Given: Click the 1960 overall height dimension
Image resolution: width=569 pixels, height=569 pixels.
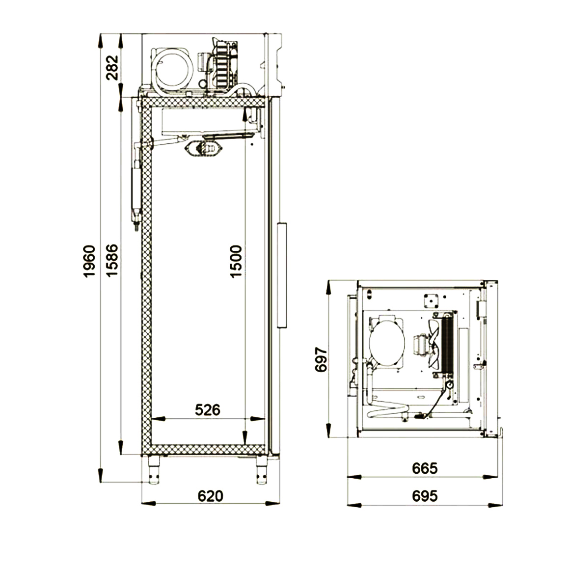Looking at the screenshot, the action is pyautogui.click(x=89, y=261).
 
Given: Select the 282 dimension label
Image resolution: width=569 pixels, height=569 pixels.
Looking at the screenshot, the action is pyautogui.click(x=112, y=67).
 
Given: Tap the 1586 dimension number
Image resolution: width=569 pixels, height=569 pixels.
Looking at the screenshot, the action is pyautogui.click(x=112, y=260).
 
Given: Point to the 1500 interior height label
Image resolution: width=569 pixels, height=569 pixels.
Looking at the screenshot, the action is pyautogui.click(x=236, y=261).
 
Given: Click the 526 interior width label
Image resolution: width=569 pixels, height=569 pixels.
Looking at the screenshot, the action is pyautogui.click(x=208, y=410).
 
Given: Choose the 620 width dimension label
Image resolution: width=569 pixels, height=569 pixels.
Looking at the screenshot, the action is pyautogui.click(x=211, y=496).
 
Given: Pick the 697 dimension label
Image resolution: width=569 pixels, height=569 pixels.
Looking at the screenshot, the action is pyautogui.click(x=321, y=360).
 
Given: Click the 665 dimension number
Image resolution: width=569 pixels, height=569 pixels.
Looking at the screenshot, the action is pyautogui.click(x=425, y=468).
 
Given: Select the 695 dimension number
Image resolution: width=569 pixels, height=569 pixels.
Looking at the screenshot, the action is pyautogui.click(x=425, y=496).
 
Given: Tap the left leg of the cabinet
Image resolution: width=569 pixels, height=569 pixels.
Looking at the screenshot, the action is pyautogui.click(x=154, y=469).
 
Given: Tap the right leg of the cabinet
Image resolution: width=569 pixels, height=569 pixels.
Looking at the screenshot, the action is pyautogui.click(x=262, y=469).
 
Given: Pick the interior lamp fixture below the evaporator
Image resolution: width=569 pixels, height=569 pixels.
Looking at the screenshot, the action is pyautogui.click(x=204, y=148).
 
